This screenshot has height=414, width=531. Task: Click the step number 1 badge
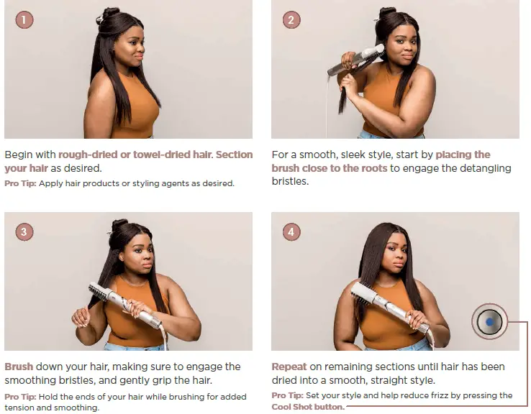(x=24, y=19)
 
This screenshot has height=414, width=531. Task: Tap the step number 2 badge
(x=291, y=19)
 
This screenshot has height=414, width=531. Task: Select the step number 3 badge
(x=24, y=231)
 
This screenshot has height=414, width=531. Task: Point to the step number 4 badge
(x=291, y=231)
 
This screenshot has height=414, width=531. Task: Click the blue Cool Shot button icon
(x=489, y=322)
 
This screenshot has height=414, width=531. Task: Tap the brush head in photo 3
(x=98, y=292)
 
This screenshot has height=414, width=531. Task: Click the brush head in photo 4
(x=363, y=293)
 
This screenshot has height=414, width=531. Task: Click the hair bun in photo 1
(x=109, y=14)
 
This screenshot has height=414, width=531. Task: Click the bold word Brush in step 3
(x=19, y=367)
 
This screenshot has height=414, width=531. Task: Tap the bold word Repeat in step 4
(x=289, y=367)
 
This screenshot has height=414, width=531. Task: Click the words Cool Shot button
(x=308, y=407)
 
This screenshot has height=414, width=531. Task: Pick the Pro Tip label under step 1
(x=20, y=184)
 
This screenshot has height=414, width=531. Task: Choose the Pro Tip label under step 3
(x=20, y=397)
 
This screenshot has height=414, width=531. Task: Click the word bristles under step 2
(x=290, y=181)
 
